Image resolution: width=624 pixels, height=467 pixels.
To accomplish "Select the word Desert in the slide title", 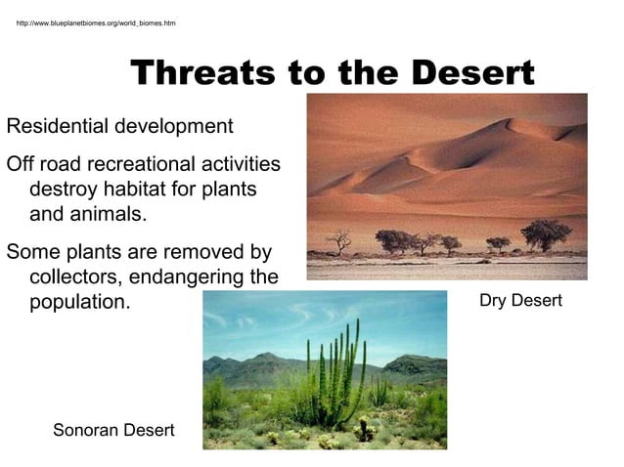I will click(473, 72).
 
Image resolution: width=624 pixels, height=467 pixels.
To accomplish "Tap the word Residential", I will click(59, 127).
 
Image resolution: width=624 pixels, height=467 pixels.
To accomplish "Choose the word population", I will click(79, 302).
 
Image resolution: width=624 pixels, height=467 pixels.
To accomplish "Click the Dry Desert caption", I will click(520, 301).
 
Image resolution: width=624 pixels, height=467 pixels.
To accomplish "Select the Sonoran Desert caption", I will click(113, 430).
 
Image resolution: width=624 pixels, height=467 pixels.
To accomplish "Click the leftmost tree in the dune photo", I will click(339, 239).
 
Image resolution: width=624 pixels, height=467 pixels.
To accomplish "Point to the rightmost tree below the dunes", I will click(546, 233).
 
